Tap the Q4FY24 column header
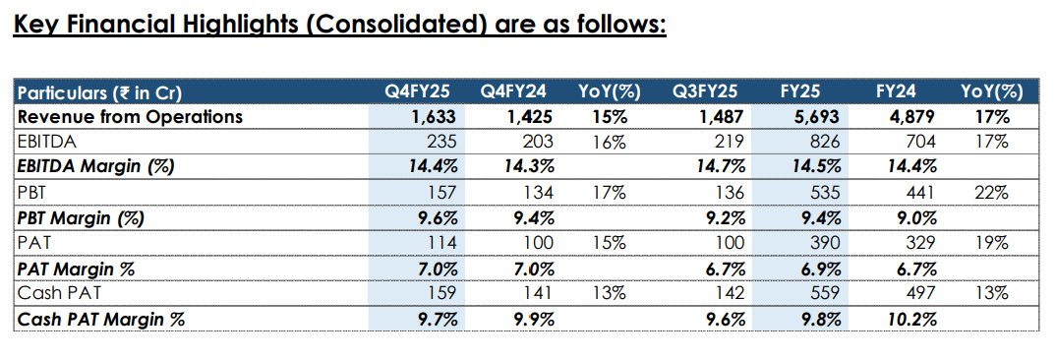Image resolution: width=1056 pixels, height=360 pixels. (x=512, y=92)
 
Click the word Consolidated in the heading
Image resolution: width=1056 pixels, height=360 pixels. (x=398, y=23)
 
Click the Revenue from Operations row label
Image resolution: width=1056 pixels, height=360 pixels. (x=130, y=116)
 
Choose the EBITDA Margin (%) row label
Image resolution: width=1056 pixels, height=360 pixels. (x=96, y=165)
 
